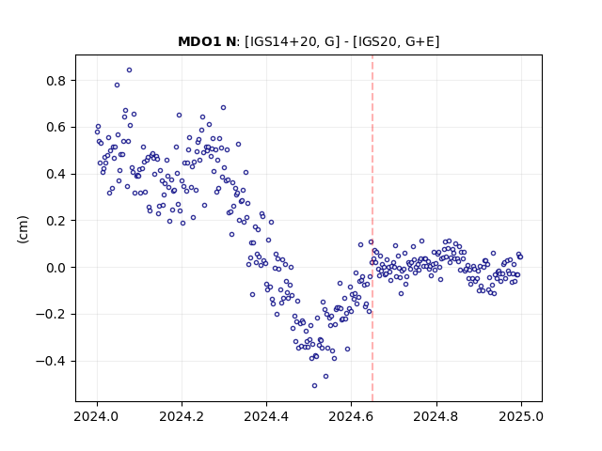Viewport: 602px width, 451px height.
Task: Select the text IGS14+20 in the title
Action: tap(281, 41)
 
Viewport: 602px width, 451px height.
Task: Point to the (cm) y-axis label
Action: tap(23, 229)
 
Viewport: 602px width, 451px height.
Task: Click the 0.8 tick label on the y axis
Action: tap(56, 81)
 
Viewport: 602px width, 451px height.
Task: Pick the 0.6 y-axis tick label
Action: tap(56, 128)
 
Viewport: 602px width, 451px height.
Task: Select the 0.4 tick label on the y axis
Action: tap(56, 174)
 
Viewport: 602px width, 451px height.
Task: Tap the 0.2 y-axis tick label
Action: tap(56, 221)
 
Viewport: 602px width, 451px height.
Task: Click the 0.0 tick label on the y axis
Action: tap(56, 268)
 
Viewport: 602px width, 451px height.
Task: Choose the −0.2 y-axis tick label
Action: tap(52, 315)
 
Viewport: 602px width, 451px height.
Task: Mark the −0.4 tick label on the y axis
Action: tap(52, 361)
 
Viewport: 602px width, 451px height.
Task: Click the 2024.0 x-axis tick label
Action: tap(97, 416)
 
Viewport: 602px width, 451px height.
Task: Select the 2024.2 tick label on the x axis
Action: tap(182, 416)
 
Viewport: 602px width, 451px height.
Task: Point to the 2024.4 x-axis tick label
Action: tap(266, 416)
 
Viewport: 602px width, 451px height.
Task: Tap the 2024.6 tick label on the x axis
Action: tap(351, 416)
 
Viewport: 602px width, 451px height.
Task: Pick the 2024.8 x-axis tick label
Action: tap(436, 416)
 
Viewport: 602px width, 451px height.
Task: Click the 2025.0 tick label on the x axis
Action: tap(521, 416)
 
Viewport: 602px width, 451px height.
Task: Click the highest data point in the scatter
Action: tap(130, 70)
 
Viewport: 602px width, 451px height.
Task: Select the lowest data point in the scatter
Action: tap(314, 386)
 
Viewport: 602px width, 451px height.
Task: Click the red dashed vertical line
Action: tap(372, 228)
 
